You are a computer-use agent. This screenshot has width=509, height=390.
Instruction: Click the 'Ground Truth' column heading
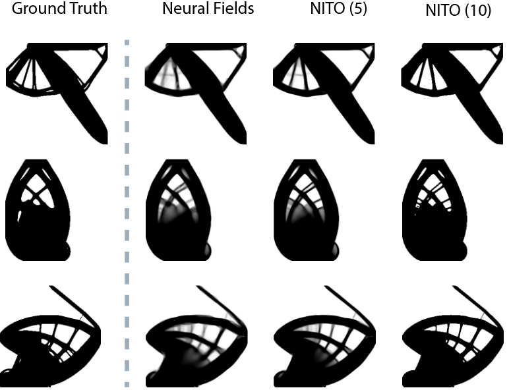(x=59, y=10)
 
